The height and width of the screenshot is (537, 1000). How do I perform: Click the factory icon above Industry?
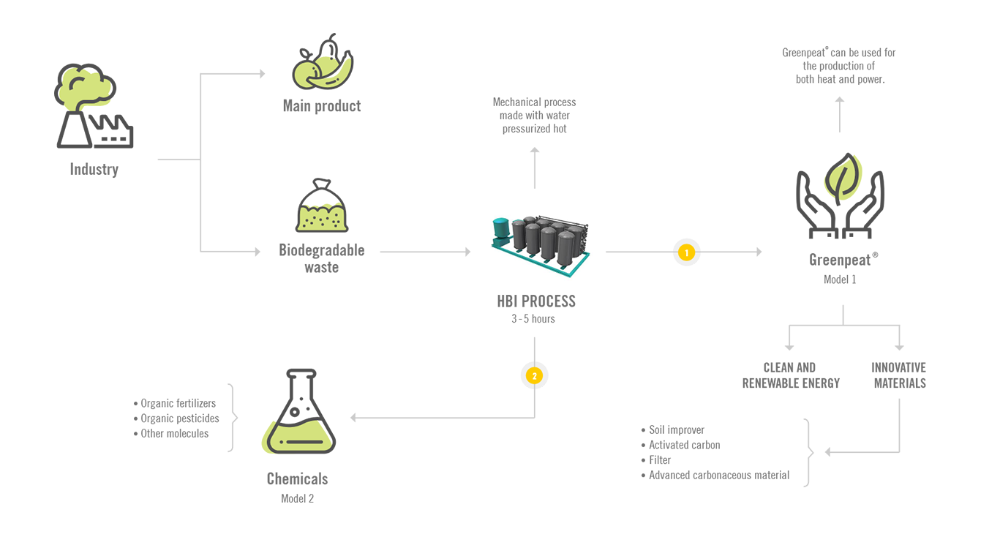94,106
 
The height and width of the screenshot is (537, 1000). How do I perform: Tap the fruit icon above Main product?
323,61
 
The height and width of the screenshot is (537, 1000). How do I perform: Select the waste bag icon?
322,206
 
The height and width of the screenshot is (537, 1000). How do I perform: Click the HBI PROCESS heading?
536,301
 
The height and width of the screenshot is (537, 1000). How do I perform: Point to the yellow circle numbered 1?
686,252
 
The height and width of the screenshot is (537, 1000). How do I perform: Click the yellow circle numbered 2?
534,376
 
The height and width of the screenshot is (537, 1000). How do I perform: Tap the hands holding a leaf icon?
840,195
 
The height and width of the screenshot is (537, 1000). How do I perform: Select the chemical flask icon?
298,412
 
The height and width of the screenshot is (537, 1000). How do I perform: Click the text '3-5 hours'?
533,319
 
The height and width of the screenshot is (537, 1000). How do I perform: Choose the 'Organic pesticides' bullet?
176,418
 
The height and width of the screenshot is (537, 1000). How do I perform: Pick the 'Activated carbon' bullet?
681,445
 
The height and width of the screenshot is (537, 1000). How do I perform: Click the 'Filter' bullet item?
655,460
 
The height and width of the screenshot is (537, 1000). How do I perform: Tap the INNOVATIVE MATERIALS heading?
899,375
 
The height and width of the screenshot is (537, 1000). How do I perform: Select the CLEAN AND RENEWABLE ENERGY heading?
791,375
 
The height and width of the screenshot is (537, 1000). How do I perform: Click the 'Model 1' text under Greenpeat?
840,279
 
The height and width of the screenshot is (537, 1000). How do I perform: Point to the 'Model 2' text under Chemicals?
297,499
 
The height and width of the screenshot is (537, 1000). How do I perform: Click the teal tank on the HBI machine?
501,228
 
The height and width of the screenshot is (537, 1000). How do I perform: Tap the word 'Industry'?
94,169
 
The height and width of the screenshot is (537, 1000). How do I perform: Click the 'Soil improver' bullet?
673,430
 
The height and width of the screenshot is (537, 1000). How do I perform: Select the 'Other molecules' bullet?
171,433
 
